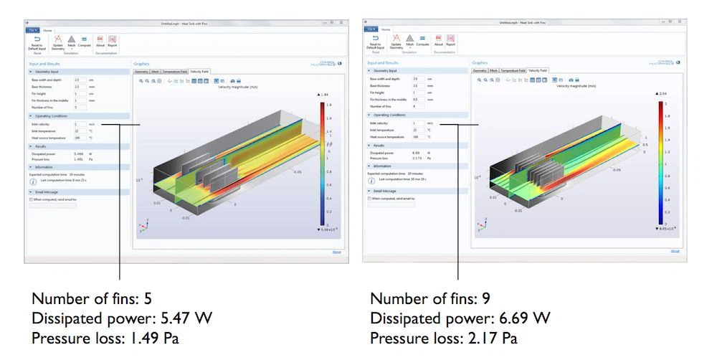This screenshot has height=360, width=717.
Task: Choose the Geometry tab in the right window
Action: tap(480, 71)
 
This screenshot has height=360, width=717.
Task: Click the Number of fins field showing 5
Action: tap(79, 107)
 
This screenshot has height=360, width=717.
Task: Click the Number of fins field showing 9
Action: tap(417, 106)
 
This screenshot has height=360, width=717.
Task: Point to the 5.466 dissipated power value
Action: tap(79, 153)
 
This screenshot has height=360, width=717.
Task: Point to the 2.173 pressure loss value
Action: tap(417, 158)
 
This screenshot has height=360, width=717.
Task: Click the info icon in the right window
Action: tap(372, 181)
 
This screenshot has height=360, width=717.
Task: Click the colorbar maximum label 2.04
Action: tap(663, 94)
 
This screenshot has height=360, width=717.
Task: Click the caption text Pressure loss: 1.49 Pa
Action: tap(105, 337)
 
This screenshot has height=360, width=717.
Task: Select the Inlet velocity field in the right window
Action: tap(417, 123)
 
